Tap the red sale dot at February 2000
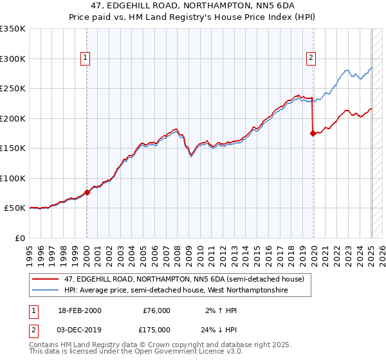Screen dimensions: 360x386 (x=87, y=192)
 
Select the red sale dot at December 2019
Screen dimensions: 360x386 (x=313, y=133)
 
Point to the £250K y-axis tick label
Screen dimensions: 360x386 (x=12, y=88)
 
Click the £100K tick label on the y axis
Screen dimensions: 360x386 (x=12, y=178)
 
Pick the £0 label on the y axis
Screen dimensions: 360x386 (x=20, y=238)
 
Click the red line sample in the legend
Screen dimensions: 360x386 (x=47, y=278)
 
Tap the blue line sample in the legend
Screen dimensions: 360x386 (x=47, y=291)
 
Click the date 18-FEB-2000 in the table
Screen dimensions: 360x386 (x=78, y=310)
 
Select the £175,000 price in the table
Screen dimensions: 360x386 (x=156, y=329)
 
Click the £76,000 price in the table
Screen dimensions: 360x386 (x=156, y=310)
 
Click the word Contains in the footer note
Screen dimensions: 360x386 (x=46, y=345)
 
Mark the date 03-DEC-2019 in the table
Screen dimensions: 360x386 (x=78, y=329)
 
